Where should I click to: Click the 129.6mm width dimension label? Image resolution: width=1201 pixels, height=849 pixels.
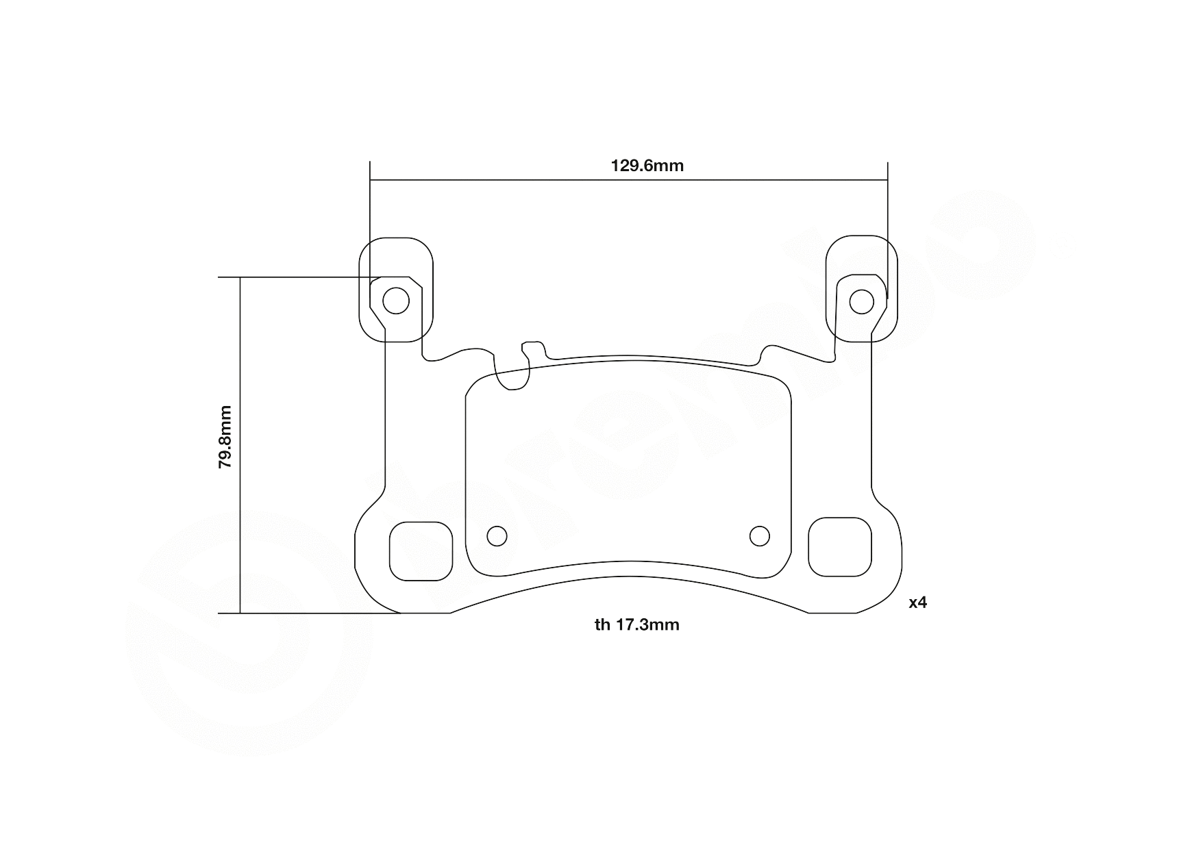(647, 166)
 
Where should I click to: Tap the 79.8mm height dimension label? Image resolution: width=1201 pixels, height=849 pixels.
(225, 437)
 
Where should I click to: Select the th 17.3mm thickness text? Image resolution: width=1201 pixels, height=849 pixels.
(637, 624)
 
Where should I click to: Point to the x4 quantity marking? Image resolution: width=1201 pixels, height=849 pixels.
(917, 603)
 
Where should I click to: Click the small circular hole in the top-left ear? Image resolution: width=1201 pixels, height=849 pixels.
(395, 301)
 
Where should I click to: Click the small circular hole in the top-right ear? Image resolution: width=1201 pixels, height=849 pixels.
(861, 301)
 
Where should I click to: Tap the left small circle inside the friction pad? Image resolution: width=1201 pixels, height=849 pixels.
(496, 536)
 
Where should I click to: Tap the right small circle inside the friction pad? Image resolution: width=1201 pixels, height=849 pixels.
(759, 536)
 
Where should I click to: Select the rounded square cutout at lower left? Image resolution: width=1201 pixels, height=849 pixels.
(421, 551)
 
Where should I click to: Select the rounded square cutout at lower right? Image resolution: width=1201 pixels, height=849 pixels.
(840, 547)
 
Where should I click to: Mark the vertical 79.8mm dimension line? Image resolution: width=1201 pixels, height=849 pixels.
(240, 534)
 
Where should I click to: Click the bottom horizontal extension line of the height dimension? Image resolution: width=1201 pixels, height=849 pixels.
(308, 613)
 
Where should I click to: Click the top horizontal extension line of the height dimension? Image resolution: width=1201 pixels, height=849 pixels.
(301, 277)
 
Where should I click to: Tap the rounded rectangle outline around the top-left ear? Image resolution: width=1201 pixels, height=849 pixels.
(360, 288)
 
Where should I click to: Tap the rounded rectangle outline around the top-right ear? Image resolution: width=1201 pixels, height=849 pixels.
(896, 288)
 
